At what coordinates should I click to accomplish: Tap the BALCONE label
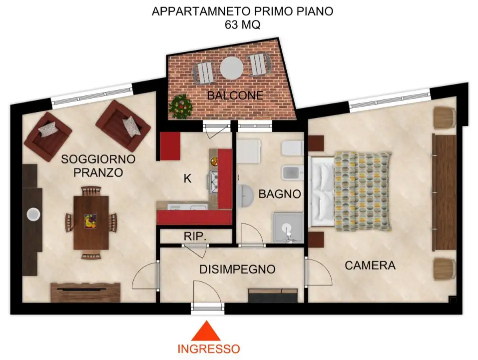(235, 95)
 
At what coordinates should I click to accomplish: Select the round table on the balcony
(231, 67)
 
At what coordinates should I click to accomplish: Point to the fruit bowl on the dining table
(90, 220)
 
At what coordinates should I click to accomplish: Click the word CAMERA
(370, 265)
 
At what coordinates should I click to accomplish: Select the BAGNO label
(279, 194)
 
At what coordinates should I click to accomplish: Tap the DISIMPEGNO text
(237, 269)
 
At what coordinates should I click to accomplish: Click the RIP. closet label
(195, 236)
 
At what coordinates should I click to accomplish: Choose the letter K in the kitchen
(188, 178)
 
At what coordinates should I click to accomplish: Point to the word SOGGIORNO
(98, 159)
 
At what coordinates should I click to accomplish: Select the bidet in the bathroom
(291, 172)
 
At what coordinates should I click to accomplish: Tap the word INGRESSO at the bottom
(209, 348)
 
